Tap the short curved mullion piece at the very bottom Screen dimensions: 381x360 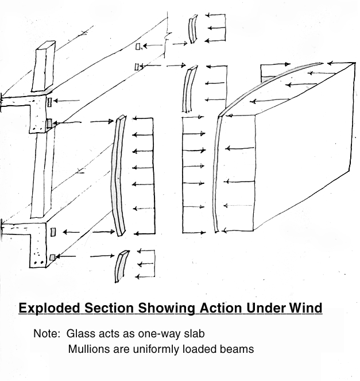(121, 266)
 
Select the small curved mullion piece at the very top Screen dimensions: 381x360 (192, 29)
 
